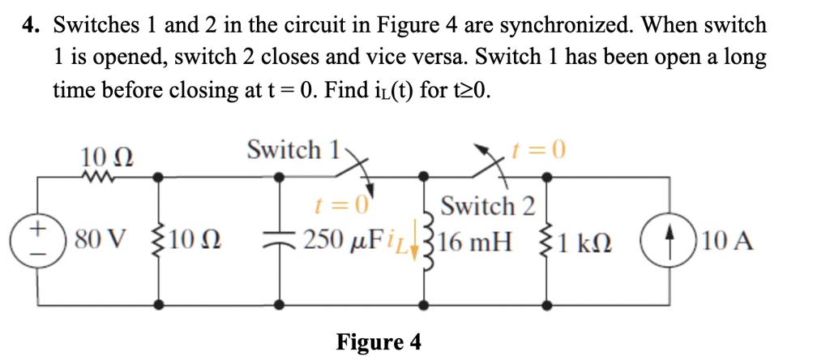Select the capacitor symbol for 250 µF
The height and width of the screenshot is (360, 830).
pyautogui.click(x=280, y=241)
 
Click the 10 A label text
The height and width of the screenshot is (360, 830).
pyautogui.click(x=728, y=241)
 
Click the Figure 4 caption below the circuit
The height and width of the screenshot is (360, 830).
pyautogui.click(x=379, y=342)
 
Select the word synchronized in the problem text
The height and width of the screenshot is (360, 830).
pyautogui.click(x=562, y=25)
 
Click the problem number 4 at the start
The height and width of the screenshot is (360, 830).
pyautogui.click(x=30, y=25)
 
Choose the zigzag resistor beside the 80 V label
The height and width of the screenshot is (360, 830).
pyautogui.click(x=160, y=241)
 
